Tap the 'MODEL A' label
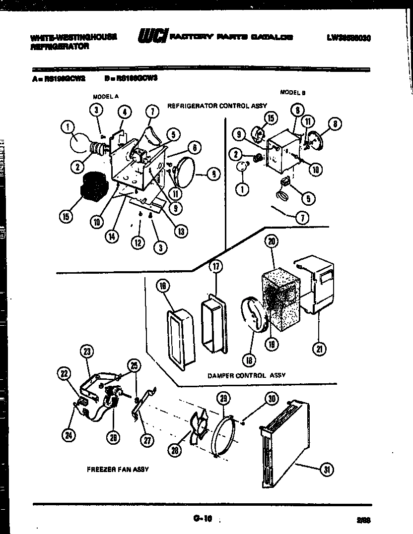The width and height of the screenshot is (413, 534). click(105, 97)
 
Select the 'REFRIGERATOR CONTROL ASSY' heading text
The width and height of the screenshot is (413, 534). click(217, 106)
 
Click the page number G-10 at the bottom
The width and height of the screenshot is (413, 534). click(203, 519)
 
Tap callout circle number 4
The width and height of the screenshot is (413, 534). click(125, 112)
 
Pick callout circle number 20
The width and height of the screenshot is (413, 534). click(272, 241)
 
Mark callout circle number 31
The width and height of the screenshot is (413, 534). click(326, 470)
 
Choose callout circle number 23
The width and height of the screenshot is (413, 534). click(87, 352)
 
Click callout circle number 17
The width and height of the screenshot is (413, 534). click(215, 267)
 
